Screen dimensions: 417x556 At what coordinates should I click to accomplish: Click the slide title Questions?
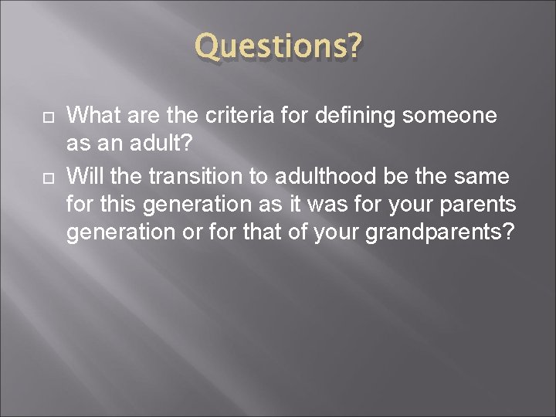coord(277,48)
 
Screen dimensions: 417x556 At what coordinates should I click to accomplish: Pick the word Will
coord(84,176)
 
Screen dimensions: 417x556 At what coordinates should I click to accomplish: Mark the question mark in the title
coord(352,48)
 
